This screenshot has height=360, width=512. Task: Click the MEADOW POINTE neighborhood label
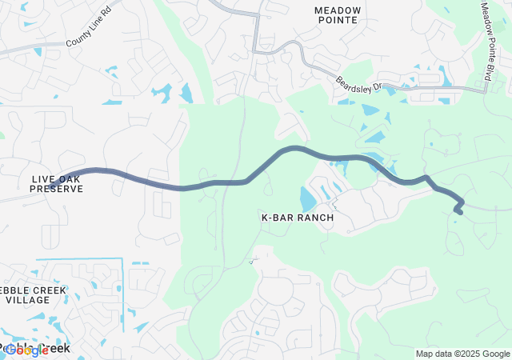(x=338, y=15)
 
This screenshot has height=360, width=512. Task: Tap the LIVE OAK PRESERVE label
(x=56, y=183)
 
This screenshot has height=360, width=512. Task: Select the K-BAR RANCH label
(x=298, y=218)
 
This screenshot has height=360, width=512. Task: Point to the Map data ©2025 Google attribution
(x=462, y=354)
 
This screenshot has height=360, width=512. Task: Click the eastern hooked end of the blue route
(x=457, y=211)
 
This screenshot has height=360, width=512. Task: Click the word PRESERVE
(x=56, y=189)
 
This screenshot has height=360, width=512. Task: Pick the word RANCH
(x=314, y=218)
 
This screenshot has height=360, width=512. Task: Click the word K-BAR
(x=277, y=218)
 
